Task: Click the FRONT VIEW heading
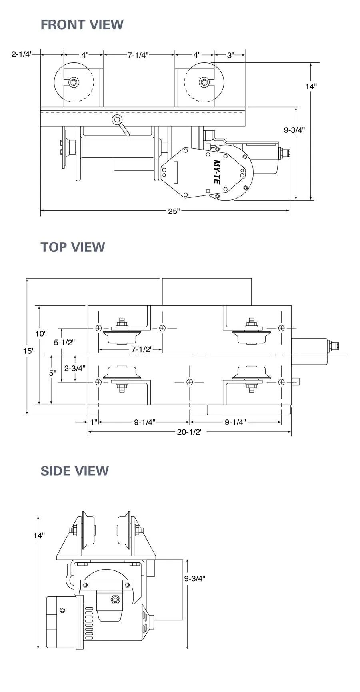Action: pyautogui.click(x=82, y=25)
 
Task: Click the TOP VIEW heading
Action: pyautogui.click(x=72, y=247)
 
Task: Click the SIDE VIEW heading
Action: pyautogui.click(x=74, y=471)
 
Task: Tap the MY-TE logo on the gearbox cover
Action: pyautogui.click(x=216, y=172)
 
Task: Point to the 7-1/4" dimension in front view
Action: pyautogui.click(x=138, y=55)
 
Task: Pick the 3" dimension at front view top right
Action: pyautogui.click(x=230, y=55)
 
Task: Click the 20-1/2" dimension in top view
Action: pyautogui.click(x=190, y=432)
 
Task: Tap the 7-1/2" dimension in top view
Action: pyautogui.click(x=142, y=349)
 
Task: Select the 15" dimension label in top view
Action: pyautogui.click(x=28, y=351)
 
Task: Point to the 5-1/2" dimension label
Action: pyautogui.click(x=64, y=342)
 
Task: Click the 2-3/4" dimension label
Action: pyautogui.click(x=74, y=368)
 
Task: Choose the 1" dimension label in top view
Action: pyautogui.click(x=94, y=422)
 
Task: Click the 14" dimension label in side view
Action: pyautogui.click(x=39, y=536)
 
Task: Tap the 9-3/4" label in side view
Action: pyautogui.click(x=194, y=578)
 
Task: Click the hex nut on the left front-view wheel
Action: pyautogui.click(x=74, y=83)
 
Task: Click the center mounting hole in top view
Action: pyautogui.click(x=190, y=382)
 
